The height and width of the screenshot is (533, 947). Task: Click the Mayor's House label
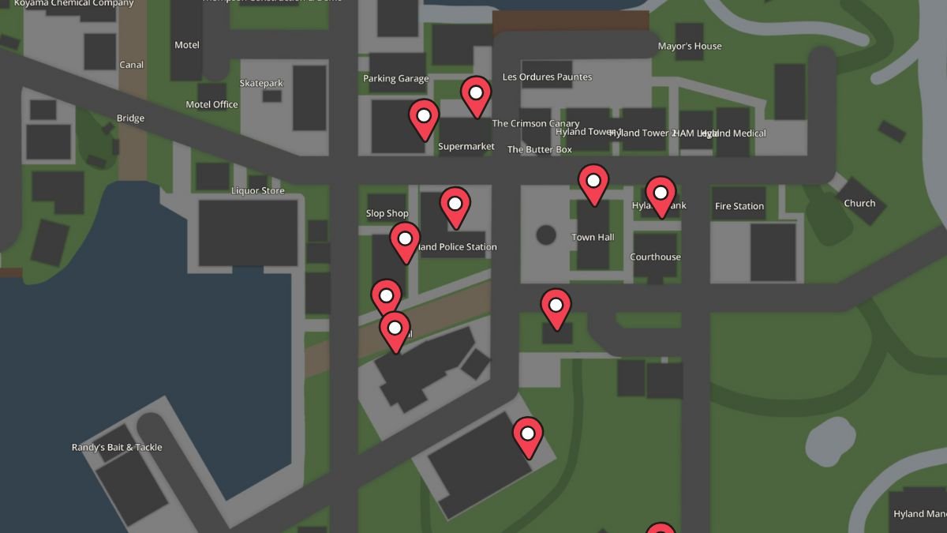(690, 46)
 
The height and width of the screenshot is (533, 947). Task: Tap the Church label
(859, 203)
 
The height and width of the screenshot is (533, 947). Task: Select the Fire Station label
(739, 206)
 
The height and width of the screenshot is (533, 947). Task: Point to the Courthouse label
(655, 257)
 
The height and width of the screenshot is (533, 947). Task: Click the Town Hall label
(593, 237)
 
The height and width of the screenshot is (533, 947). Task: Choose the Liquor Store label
(257, 190)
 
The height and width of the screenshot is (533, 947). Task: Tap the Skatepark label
(261, 83)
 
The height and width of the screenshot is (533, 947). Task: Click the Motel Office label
(211, 104)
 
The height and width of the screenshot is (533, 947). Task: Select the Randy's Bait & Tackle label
(117, 447)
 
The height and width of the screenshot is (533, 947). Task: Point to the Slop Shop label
(387, 213)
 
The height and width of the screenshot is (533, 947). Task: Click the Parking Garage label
(395, 78)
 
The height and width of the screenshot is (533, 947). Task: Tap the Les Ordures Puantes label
(547, 77)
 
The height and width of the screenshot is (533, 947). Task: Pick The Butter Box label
(540, 149)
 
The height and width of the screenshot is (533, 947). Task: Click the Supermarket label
(466, 146)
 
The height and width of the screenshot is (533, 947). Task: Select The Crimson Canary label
(536, 123)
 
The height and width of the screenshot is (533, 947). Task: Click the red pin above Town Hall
(593, 183)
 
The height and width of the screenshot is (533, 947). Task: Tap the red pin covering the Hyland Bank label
(661, 196)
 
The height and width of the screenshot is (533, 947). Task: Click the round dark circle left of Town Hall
(546, 235)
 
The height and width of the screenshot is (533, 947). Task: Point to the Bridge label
(130, 118)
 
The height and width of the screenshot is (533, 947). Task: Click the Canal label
(131, 65)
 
